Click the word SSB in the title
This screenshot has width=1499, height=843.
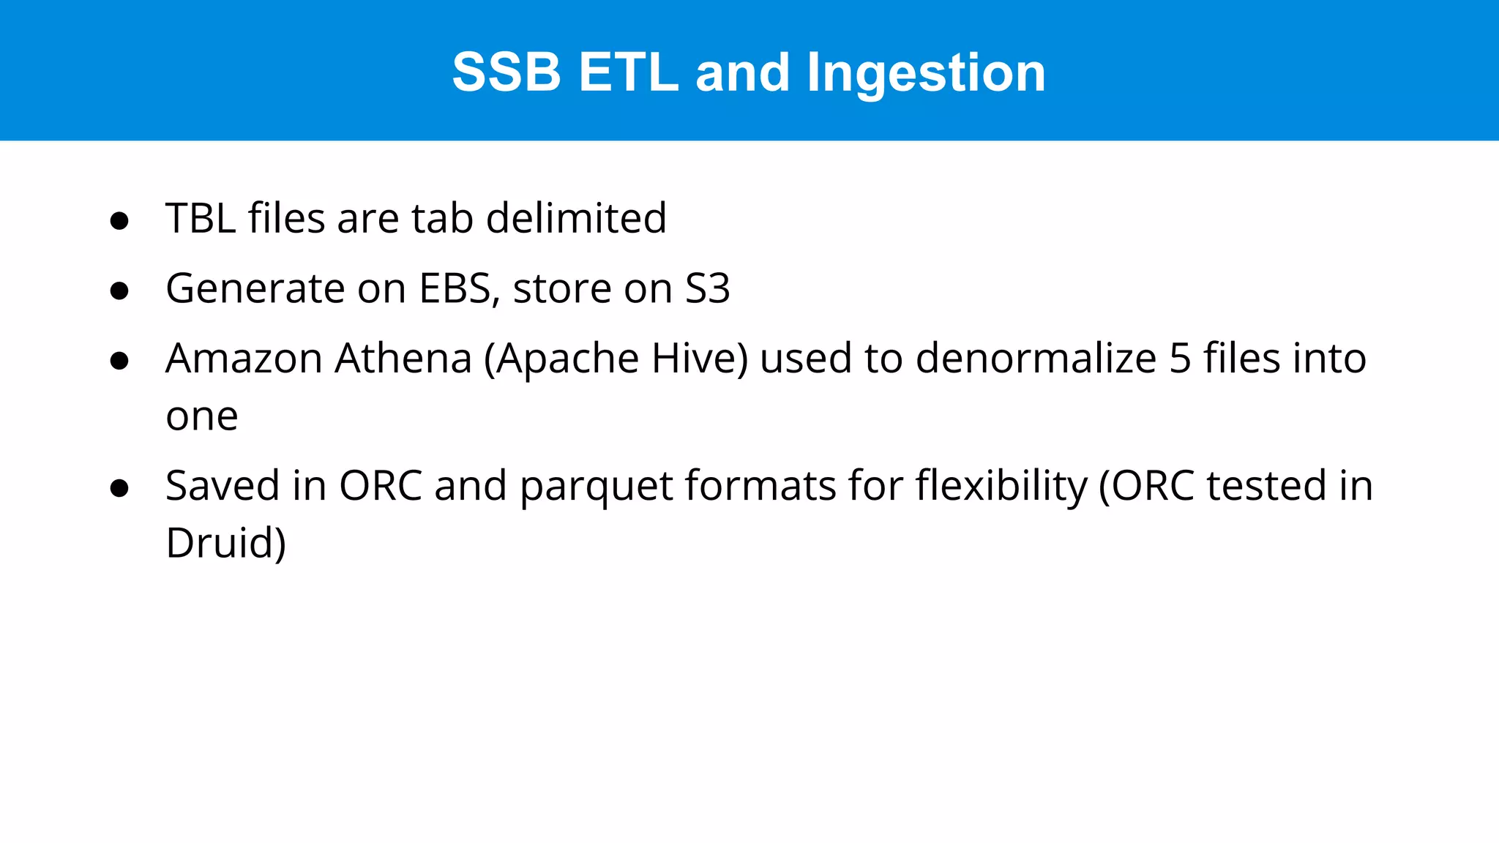(x=506, y=72)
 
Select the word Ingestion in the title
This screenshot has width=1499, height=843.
(x=926, y=74)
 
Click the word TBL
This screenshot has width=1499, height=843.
(x=201, y=218)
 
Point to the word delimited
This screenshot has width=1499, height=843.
(x=576, y=218)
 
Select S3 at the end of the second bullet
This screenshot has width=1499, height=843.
(x=707, y=288)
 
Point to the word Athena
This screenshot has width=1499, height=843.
(x=403, y=359)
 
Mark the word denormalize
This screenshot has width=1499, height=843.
(x=1036, y=359)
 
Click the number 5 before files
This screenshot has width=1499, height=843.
(x=1180, y=359)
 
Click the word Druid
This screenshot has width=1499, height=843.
(x=225, y=543)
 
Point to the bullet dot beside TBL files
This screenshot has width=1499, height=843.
(x=119, y=221)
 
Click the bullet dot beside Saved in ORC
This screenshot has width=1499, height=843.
(x=119, y=488)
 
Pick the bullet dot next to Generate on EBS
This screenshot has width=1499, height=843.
(x=119, y=291)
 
